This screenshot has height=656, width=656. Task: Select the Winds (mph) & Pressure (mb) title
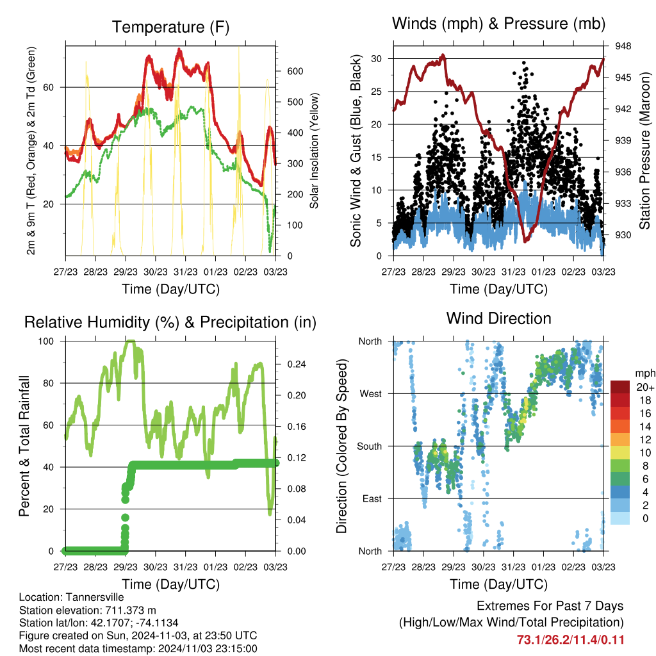coord(498,24)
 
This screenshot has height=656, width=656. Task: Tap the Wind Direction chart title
coord(498,318)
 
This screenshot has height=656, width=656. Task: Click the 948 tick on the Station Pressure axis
coord(623,46)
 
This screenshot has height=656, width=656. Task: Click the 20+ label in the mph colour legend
coord(644,387)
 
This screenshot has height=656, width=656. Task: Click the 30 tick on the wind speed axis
coord(377,58)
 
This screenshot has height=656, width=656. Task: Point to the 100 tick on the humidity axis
coord(47,341)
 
